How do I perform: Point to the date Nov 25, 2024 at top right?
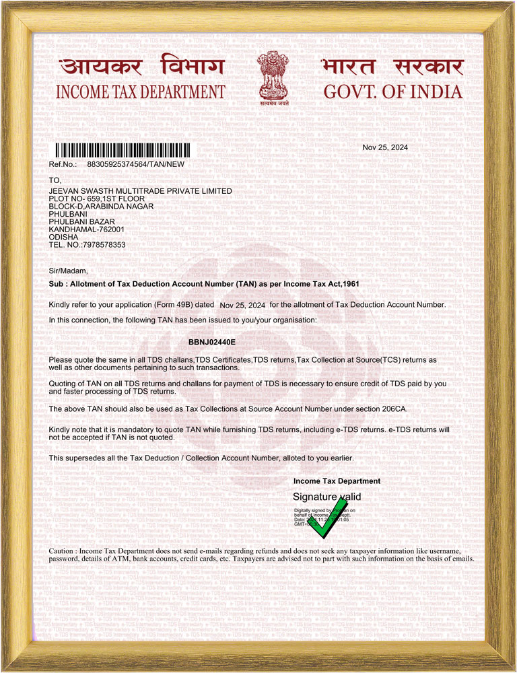(385, 147)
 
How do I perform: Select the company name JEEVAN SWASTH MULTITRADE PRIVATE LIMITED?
(141, 191)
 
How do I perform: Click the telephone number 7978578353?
(104, 245)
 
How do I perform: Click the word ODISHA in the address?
(64, 237)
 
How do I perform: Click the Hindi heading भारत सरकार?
(392, 68)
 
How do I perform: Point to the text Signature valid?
(326, 497)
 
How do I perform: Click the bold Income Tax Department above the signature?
(337, 481)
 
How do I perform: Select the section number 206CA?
(392, 409)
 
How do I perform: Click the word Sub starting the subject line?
(56, 284)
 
